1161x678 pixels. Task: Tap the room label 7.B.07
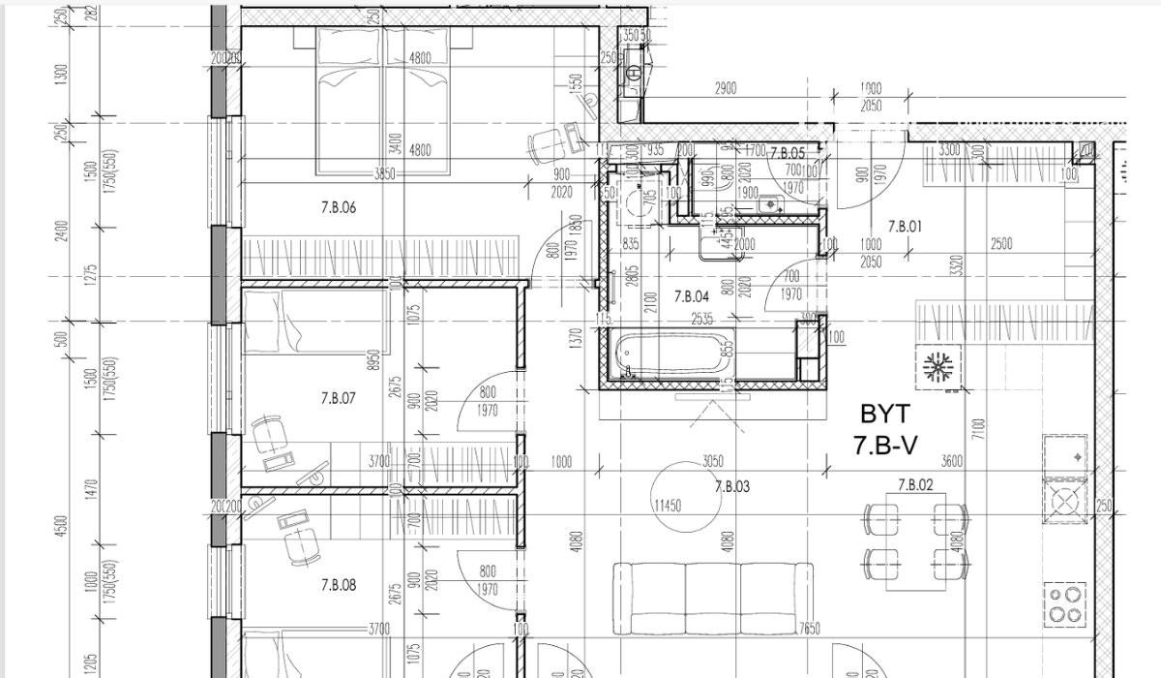[x=339, y=398]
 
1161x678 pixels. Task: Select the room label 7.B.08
[x=339, y=585]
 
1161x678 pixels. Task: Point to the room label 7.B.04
[x=692, y=296]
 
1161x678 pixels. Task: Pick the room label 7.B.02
[x=915, y=485]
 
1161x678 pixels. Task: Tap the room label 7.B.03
[x=732, y=487]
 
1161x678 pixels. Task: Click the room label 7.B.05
[x=788, y=153]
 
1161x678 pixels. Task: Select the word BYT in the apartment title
[x=884, y=415]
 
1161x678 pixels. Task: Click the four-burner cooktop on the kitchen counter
[x=1065, y=604]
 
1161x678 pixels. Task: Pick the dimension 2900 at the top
[x=725, y=88]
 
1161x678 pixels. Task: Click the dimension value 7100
[x=979, y=427]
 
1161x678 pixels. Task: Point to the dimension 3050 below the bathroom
[x=713, y=461]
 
